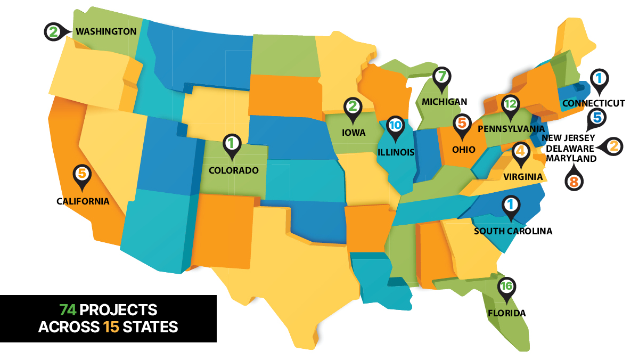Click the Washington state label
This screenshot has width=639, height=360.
click(106, 31)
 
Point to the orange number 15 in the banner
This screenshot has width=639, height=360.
click(111, 326)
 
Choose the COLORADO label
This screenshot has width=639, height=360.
click(233, 171)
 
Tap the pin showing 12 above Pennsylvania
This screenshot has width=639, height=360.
click(510, 105)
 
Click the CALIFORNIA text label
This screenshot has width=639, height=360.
click(83, 201)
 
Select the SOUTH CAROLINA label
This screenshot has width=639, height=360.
click(513, 231)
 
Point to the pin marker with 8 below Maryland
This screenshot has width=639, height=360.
click(574, 181)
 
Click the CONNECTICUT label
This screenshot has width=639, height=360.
click(593, 103)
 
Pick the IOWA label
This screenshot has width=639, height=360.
click(354, 133)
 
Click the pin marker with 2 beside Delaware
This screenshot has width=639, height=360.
click(612, 146)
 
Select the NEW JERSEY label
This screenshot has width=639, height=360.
click(569, 138)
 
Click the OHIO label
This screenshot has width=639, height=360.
click(463, 149)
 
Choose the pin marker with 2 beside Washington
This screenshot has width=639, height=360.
click(53, 32)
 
